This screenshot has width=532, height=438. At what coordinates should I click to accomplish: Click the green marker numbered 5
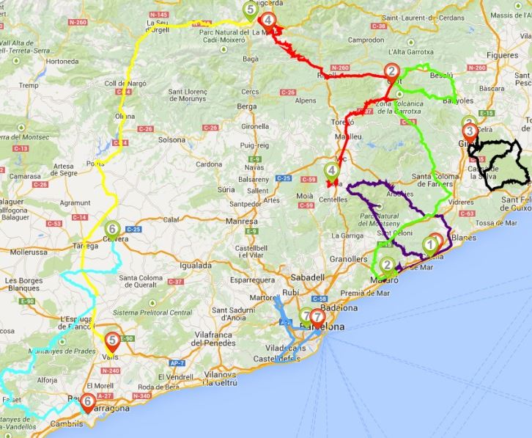click(x=251, y=10)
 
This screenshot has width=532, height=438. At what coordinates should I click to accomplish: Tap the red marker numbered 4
click(x=269, y=20)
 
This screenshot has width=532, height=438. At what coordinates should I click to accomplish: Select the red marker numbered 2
click(x=392, y=71)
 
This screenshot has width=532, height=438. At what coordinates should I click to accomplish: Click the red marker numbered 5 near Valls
click(x=112, y=340)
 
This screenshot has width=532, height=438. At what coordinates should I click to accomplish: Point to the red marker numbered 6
click(x=87, y=401)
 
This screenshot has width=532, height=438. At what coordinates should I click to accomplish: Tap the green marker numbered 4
click(x=332, y=172)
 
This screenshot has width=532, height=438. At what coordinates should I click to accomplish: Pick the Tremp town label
click(x=29, y=85)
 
